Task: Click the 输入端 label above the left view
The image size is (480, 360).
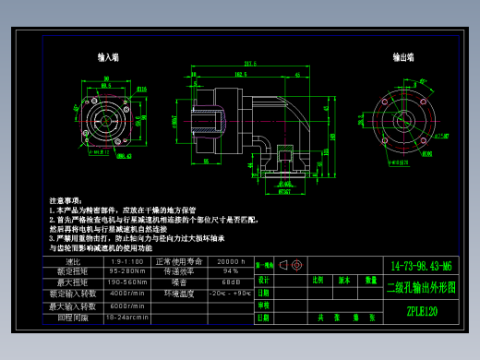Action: click(x=110, y=57)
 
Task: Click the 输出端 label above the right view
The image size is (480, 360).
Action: click(x=402, y=57)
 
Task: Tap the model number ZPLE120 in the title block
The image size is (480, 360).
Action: click(x=421, y=312)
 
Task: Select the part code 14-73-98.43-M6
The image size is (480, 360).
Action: click(x=421, y=264)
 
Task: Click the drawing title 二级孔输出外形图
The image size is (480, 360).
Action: click(x=421, y=287)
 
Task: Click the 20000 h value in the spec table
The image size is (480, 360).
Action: click(x=232, y=261)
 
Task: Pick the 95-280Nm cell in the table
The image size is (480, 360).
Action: click(x=126, y=271)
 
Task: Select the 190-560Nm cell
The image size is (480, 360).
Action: click(x=126, y=282)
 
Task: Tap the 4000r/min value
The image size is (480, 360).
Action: click(x=126, y=294)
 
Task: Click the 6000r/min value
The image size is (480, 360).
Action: click(x=126, y=306)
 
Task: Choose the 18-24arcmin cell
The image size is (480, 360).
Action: click(x=126, y=317)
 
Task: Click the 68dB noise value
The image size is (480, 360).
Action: click(x=232, y=282)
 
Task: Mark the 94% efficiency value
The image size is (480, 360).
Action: click(x=232, y=271)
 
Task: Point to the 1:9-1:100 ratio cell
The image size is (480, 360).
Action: click(x=126, y=261)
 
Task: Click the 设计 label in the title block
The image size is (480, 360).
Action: click(x=264, y=279)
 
